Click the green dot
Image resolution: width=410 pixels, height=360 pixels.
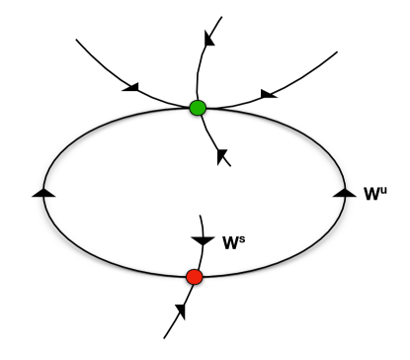point(198,107)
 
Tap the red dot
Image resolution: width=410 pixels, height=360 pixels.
point(195,277)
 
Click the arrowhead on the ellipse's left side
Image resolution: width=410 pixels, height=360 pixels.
point(43,192)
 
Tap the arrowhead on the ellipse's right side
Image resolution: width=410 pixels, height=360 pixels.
point(344,192)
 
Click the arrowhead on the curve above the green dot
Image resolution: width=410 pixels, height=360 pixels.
point(209,39)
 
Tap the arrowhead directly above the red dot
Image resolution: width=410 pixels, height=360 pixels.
point(203,240)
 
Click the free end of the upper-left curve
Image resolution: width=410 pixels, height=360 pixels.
point(76,42)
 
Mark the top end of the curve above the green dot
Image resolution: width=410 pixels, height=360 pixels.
point(222,16)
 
